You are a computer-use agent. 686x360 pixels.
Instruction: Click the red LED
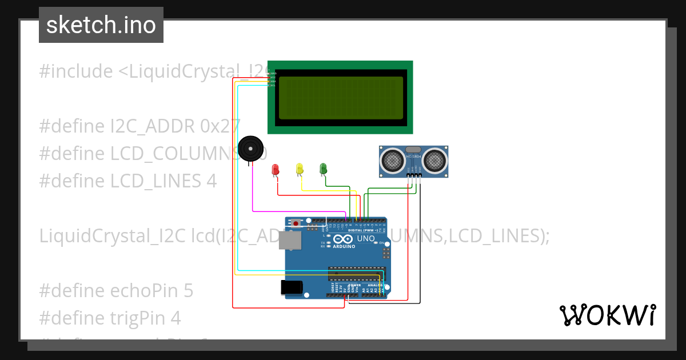[x=275, y=169]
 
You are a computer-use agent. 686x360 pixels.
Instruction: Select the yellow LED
[x=299, y=169]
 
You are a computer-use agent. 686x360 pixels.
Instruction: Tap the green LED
[x=323, y=168]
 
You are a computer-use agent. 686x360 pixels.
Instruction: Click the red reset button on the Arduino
[x=296, y=223]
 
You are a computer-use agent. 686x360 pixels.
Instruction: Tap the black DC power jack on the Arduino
[x=292, y=287]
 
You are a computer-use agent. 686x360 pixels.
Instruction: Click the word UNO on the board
[x=365, y=238]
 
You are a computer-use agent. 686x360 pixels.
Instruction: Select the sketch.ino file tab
[x=101, y=25]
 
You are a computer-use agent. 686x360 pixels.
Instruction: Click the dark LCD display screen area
[x=341, y=97]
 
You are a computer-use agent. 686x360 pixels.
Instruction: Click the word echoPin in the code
[x=137, y=290]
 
